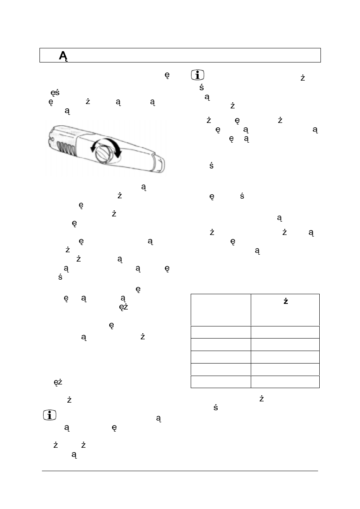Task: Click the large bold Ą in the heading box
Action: (63, 56)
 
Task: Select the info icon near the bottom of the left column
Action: (49, 416)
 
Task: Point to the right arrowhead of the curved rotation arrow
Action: (118, 154)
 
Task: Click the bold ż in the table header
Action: (285, 301)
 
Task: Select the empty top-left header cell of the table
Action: (220, 310)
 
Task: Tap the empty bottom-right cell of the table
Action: (285, 382)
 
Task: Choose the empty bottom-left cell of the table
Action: (220, 382)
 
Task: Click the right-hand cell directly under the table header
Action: (285, 332)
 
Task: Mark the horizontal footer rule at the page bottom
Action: (180, 470)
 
